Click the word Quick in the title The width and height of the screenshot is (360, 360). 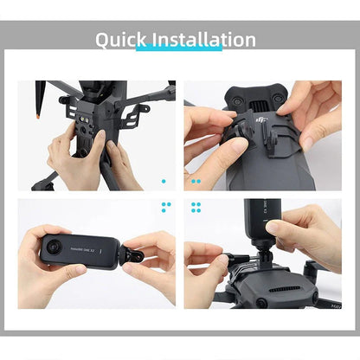(x=121, y=40)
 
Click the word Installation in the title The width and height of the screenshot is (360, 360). (x=204, y=40)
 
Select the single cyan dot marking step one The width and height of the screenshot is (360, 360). (x=164, y=182)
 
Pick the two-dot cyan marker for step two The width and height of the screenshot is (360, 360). (x=196, y=182)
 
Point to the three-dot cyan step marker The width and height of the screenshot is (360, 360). (x=165, y=208)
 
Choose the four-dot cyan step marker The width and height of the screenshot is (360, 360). (x=196, y=208)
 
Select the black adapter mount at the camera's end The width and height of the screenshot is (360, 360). (x=128, y=255)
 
